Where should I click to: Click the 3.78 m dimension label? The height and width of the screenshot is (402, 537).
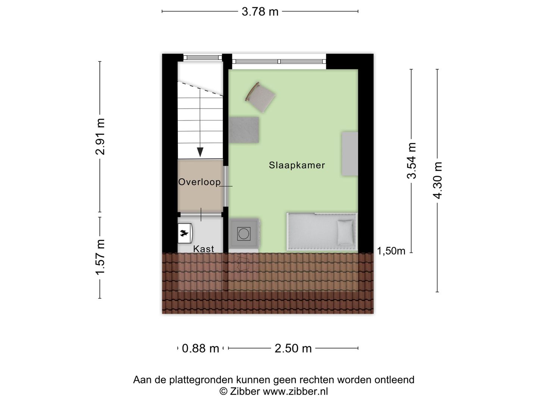[x=260, y=12]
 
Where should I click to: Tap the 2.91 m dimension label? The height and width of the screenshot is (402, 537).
[x=100, y=137]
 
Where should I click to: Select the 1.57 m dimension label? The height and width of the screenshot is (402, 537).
[x=100, y=257]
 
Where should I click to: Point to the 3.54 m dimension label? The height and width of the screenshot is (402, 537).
[x=411, y=160]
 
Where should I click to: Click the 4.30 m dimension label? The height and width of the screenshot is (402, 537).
[x=437, y=181]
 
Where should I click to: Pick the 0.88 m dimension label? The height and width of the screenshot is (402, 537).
[x=200, y=348]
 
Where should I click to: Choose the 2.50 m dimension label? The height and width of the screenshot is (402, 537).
[x=293, y=348]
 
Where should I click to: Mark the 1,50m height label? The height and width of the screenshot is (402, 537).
[x=391, y=251]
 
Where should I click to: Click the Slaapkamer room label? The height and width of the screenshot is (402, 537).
[x=297, y=165]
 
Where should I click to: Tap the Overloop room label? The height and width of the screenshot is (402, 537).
[x=200, y=182]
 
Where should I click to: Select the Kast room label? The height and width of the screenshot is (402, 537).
[x=204, y=249]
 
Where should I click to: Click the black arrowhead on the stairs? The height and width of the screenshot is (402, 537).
[x=200, y=152]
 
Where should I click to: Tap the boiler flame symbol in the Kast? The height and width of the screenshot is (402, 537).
[x=184, y=233]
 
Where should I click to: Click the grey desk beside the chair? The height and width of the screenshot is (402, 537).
[x=244, y=130]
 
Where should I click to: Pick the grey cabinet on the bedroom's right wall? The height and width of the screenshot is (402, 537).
[x=350, y=153]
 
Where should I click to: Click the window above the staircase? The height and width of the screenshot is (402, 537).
[x=203, y=58]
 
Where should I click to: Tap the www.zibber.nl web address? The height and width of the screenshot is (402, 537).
[x=295, y=391]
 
